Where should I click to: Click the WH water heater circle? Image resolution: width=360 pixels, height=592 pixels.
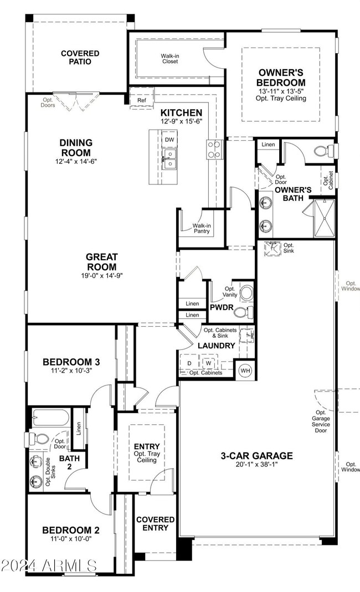pos(245,370)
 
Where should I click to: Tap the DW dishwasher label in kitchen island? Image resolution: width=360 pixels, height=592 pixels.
pos(168,140)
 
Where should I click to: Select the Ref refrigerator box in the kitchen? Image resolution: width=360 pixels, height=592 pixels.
pos(142,101)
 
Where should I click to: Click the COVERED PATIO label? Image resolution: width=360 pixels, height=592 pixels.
pos(80,58)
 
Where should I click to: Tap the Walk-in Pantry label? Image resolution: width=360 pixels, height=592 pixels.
pos(202,229)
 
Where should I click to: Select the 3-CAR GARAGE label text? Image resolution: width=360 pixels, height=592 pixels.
pos(256,456)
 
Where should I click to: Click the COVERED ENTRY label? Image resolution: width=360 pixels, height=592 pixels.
pos(156,524)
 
